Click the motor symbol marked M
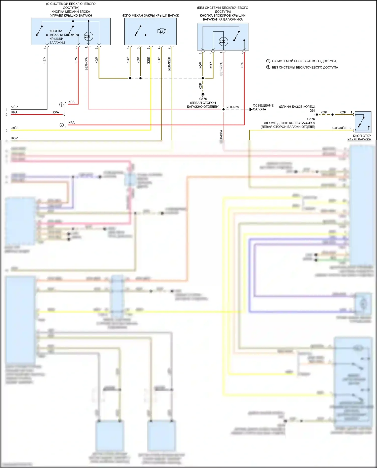click(x=162, y=31)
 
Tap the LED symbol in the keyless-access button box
click(x=88, y=36)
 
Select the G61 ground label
click(x=312, y=111)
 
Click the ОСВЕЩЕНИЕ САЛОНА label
click(x=263, y=107)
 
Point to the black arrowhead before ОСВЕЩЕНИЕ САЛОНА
click(x=251, y=109)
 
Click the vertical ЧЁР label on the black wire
click(x=45, y=60)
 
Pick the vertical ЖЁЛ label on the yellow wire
click(x=149, y=60)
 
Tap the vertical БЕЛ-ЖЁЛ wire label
click(x=169, y=64)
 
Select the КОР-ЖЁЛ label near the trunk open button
click(x=339, y=128)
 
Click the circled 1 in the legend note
click(x=268, y=61)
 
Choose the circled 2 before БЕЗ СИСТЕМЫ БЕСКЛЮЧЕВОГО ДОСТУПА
click(x=268, y=67)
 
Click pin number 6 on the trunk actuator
click(x=138, y=48)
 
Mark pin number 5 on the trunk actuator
click(x=149, y=48)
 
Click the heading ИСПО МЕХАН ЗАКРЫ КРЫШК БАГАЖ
click(x=150, y=16)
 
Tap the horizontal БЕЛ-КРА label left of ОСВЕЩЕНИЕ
click(x=232, y=107)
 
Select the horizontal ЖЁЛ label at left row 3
click(x=15, y=128)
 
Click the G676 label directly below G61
click(x=311, y=119)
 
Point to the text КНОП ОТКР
click(x=362, y=136)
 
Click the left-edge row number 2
click(x=7, y=115)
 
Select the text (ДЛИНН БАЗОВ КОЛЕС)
click(x=297, y=107)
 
